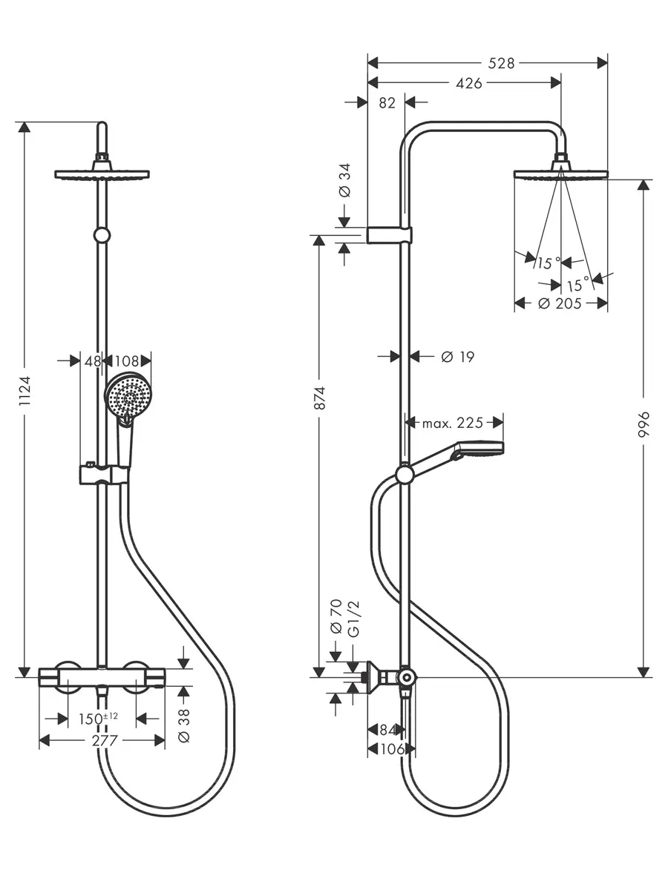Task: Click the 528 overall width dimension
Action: tap(501, 63)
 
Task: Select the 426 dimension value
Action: tap(469, 83)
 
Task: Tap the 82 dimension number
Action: tap(387, 103)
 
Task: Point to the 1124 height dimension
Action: tap(25, 391)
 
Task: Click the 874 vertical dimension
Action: tap(320, 398)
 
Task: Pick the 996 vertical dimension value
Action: tap(644, 424)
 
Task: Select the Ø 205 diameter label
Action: tap(560, 303)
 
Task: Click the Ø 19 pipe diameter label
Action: tap(457, 357)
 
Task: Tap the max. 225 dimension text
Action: tap(453, 423)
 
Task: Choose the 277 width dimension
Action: tap(105, 741)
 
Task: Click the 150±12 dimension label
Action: tap(98, 719)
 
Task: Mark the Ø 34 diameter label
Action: tap(344, 180)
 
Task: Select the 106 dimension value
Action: tap(392, 749)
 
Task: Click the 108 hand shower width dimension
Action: tap(127, 361)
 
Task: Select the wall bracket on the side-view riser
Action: tap(390, 236)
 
